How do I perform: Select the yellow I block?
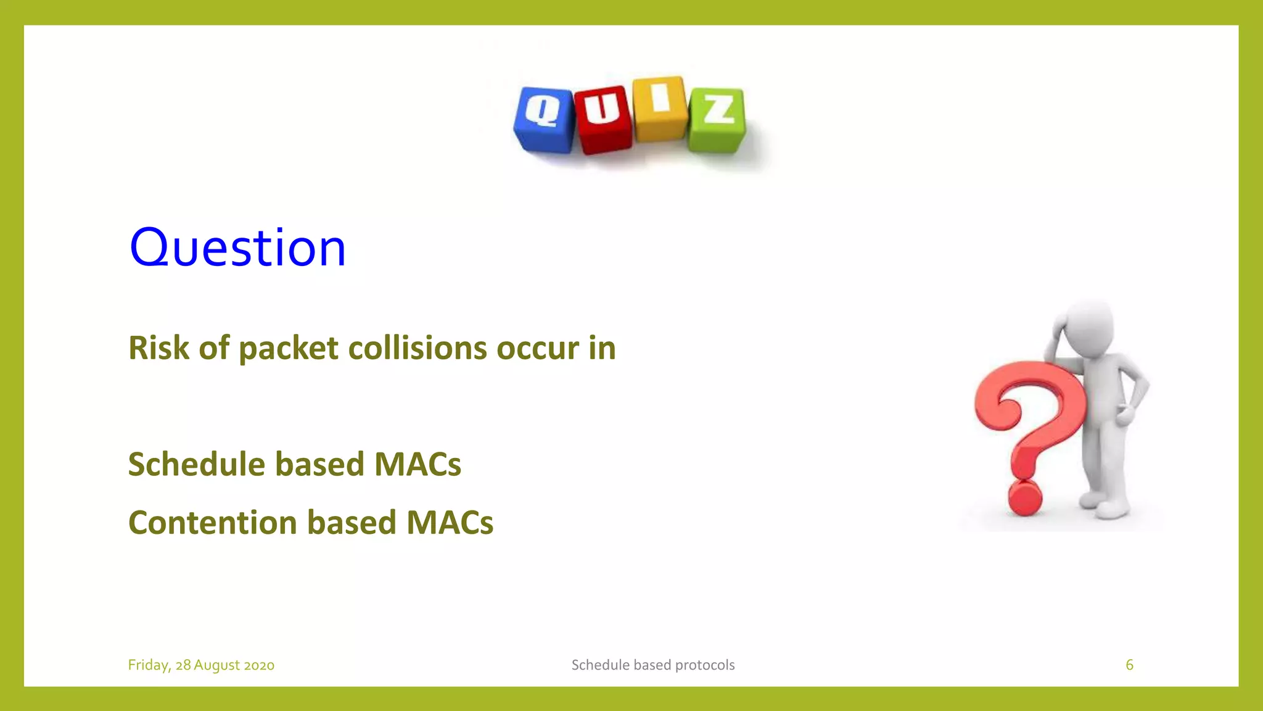[x=660, y=109]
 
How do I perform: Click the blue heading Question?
[x=237, y=247]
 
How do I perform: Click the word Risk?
[x=158, y=348]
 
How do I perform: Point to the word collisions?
[x=418, y=348]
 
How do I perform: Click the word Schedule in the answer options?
[x=196, y=464]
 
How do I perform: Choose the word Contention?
[x=213, y=523]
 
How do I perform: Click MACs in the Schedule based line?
[x=418, y=464]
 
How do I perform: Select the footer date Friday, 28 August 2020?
[x=201, y=665]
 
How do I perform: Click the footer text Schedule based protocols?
[x=652, y=665]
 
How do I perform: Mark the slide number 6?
[x=1129, y=665]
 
